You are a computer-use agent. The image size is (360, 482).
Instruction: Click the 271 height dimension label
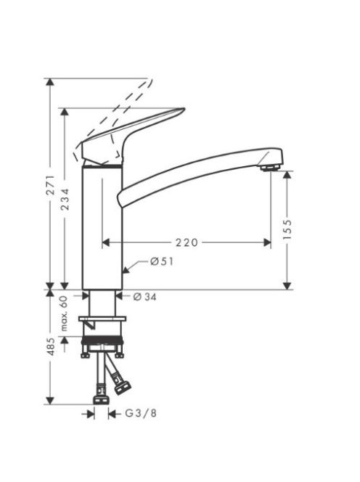coord(51,185)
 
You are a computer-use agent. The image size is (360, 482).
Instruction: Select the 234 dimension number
coord(65,200)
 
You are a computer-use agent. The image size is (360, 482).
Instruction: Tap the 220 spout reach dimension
coord(187,242)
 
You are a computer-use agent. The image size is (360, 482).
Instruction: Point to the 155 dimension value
coord(287,230)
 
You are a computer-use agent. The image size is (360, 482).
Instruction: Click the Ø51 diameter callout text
coord(162,261)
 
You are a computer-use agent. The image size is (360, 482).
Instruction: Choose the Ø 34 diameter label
coord(145,297)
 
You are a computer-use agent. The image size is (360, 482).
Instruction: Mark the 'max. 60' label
coord(64,314)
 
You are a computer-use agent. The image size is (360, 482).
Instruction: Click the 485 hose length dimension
coord(51,347)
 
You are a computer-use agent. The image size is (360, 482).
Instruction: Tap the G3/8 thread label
coord(141,414)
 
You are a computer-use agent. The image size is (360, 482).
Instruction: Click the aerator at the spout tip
coord(269,168)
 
